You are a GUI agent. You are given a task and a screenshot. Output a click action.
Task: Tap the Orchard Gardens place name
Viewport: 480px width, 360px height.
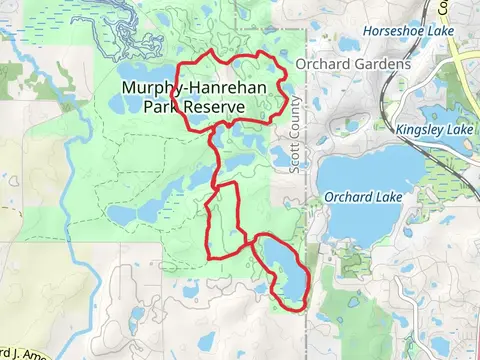click(353, 64)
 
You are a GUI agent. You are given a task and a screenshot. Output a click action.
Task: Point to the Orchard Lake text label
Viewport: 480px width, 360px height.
click(362, 197)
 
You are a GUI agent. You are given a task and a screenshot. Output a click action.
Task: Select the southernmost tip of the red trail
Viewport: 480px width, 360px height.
click(292, 311)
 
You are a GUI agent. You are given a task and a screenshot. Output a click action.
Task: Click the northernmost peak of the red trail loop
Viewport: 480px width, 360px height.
click(212, 50)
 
